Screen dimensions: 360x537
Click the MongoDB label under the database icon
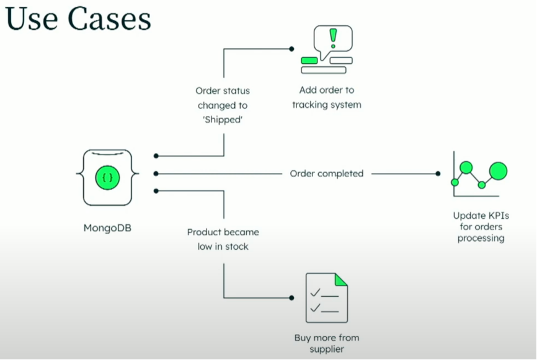click(107, 227)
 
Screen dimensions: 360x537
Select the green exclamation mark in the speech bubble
click(333, 38)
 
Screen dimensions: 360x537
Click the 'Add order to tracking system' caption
click(327, 97)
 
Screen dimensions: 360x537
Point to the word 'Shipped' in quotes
click(223, 120)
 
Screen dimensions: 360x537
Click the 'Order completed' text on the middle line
click(327, 173)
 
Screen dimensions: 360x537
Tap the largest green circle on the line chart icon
click(498, 170)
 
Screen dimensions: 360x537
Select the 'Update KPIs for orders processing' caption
click(481, 227)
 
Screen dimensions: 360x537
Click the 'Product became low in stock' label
click(223, 239)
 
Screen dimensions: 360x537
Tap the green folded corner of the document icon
click(340, 279)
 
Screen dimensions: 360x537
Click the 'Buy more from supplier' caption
click(327, 343)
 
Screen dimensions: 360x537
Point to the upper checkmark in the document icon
click(315, 292)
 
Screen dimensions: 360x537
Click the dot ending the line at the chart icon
click(438, 173)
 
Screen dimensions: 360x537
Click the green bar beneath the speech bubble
click(309, 60)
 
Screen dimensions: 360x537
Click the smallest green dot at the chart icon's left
click(455, 182)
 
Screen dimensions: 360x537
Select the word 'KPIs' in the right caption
click(494, 216)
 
